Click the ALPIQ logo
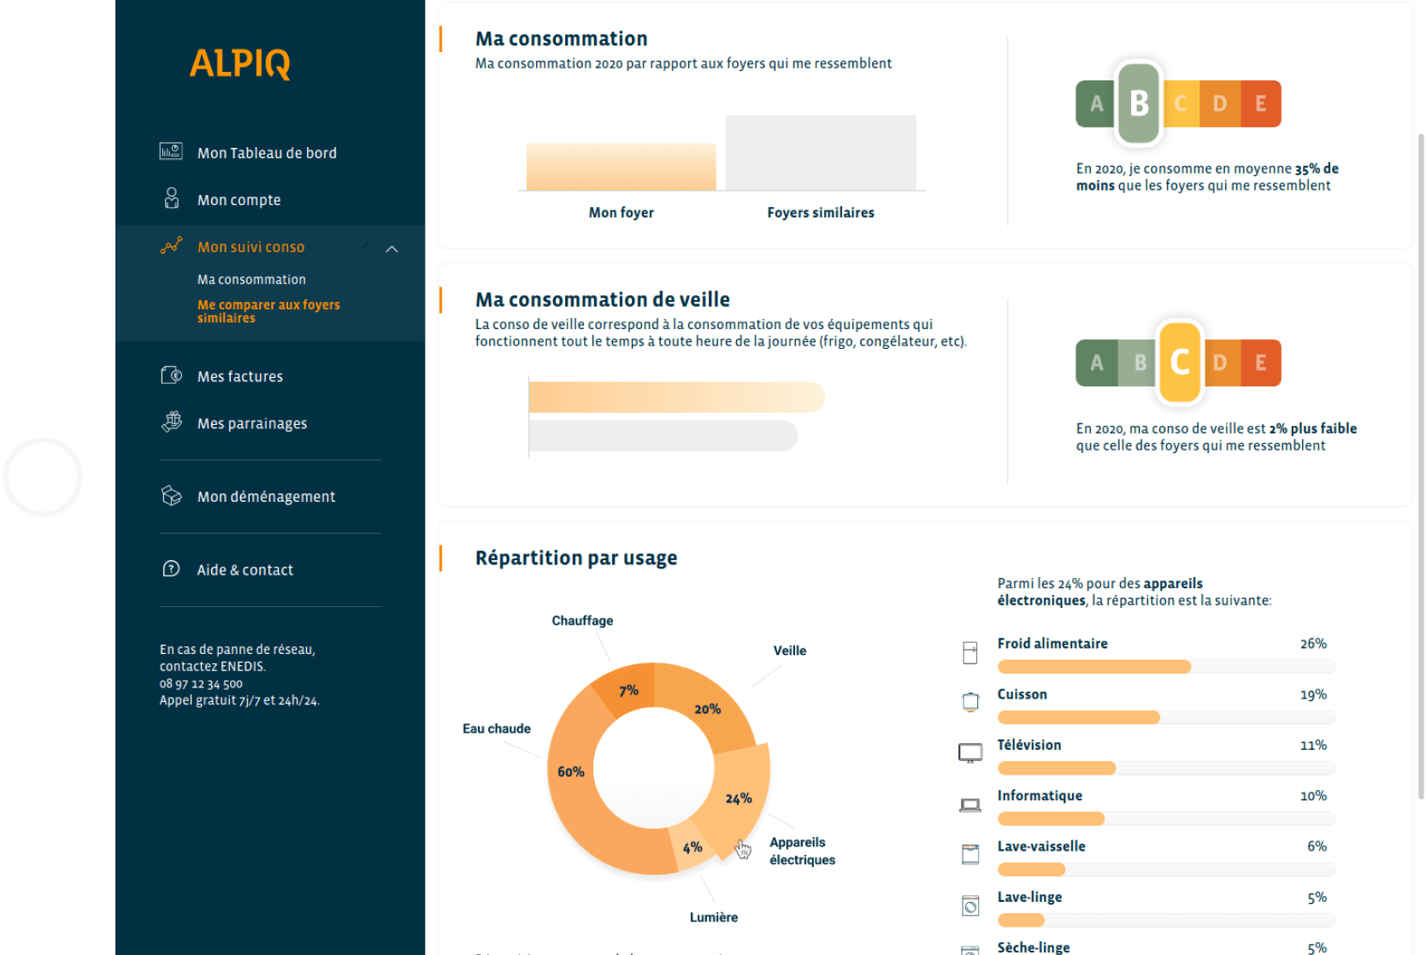point(239,63)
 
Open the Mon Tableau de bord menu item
point(266,153)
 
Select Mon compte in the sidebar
point(239,200)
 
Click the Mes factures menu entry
point(239,376)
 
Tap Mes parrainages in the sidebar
point(251,423)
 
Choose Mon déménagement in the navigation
point(266,497)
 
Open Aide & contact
point(245,570)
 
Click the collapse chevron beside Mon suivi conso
point(392,249)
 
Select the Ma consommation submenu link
point(251,280)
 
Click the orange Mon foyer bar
point(621,167)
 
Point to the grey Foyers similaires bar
point(821,152)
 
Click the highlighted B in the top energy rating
point(1139,103)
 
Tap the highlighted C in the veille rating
point(1180,363)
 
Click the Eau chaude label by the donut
point(496,728)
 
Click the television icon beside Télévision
point(970,752)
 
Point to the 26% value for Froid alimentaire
point(1313,644)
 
